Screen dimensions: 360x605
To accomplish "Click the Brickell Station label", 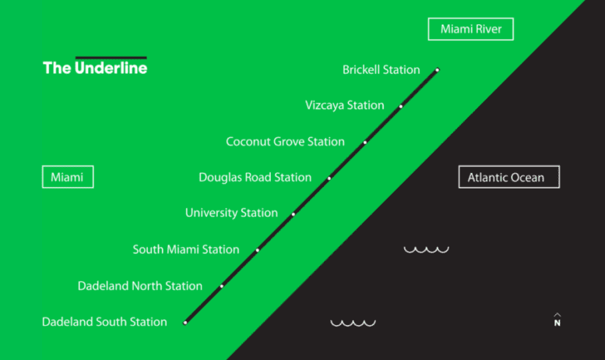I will [x=381, y=70].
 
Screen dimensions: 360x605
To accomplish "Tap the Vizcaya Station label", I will [x=344, y=105].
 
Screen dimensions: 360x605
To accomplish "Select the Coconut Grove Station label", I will [x=285, y=142].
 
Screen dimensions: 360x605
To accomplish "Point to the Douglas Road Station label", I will [x=255, y=178].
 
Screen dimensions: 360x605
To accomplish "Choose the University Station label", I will [x=231, y=213].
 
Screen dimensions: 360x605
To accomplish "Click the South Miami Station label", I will [x=186, y=249].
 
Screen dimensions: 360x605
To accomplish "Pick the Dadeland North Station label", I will [x=140, y=286].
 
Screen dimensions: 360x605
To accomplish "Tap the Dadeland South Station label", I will [x=104, y=322].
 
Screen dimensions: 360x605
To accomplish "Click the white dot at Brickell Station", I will [x=437, y=70].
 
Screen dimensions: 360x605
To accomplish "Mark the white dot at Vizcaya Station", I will [x=401, y=106].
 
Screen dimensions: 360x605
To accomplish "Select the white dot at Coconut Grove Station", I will [x=365, y=143].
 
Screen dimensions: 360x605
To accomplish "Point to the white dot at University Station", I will [x=294, y=214].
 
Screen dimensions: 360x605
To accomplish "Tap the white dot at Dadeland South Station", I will [x=185, y=322].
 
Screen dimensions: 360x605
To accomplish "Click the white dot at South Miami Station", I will [x=258, y=250].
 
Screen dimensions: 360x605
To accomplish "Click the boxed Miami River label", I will [x=470, y=30].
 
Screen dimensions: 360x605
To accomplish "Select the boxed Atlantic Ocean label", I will [x=508, y=178].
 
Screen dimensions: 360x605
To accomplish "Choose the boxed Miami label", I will [x=67, y=178].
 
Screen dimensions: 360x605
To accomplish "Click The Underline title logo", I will [x=95, y=67].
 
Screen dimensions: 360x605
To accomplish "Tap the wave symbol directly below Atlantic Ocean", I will [x=426, y=249].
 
